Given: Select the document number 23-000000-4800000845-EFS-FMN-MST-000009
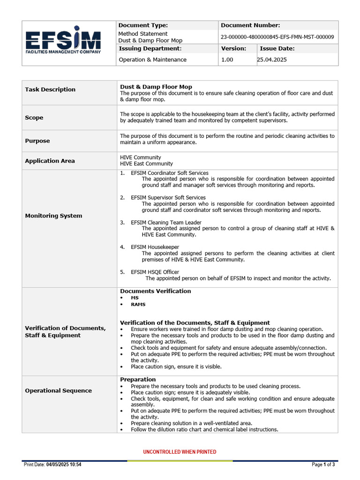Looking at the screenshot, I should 277,37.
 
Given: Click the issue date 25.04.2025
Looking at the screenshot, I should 272,60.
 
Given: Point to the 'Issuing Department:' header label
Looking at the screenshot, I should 150,48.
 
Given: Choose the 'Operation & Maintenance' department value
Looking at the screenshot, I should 152,60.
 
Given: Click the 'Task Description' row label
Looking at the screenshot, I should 50,90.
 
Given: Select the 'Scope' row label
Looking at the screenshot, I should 34,118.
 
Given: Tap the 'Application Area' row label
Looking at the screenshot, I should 50,161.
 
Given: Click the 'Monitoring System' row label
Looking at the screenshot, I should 53,216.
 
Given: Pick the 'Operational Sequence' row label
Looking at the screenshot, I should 58,390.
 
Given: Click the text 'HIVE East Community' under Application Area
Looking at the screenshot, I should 146,164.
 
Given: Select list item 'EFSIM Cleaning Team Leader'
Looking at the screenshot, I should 166,222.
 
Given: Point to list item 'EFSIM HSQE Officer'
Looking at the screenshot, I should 155,272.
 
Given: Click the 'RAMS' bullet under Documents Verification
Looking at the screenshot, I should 138,304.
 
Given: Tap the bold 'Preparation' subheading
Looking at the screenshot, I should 138,379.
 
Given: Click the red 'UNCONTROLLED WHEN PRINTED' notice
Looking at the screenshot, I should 180,452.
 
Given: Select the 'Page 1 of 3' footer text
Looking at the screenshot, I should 323,465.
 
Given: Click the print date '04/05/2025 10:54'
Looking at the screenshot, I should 64,465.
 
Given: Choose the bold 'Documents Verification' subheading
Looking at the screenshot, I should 155,291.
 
